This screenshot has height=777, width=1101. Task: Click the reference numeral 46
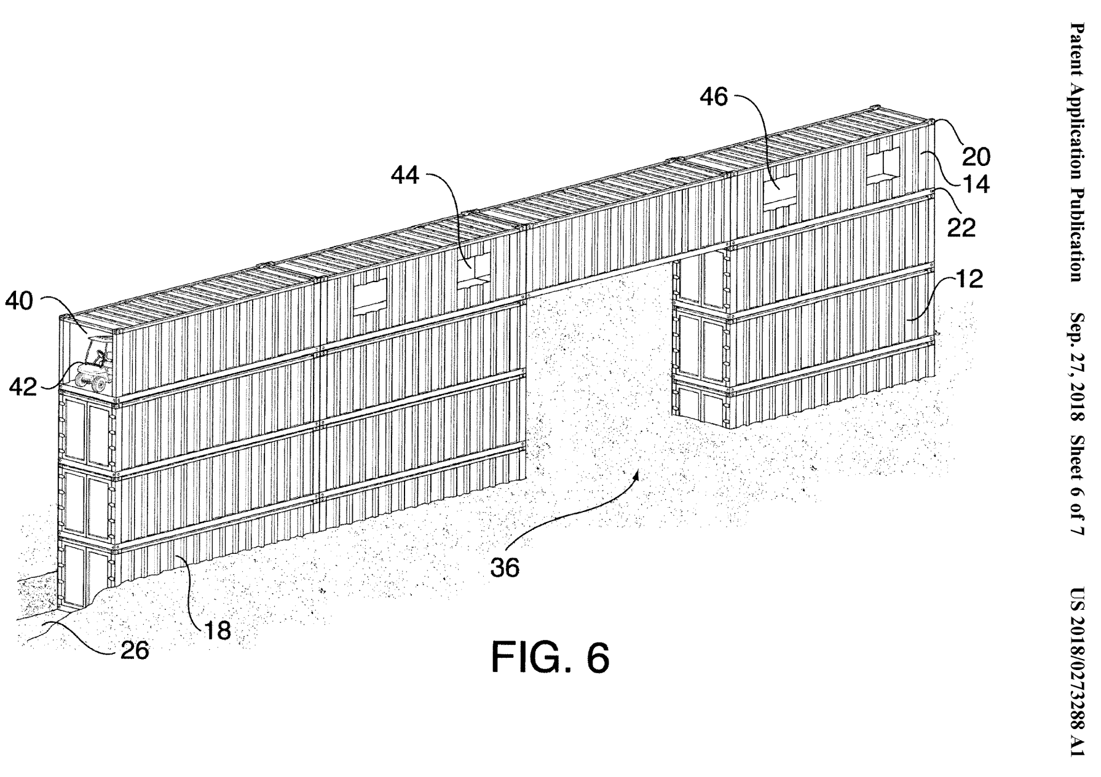[714, 97]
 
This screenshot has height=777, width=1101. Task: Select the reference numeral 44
[405, 176]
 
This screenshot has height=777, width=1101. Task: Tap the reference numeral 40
[19, 302]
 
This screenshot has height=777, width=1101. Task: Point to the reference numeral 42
[23, 387]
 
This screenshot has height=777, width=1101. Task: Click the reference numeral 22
[961, 227]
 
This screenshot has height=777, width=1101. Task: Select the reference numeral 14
[976, 184]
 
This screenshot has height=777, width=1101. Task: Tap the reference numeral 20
[976, 157]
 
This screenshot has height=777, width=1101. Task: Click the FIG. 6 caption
[550, 658]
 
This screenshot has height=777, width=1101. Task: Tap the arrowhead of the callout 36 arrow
[639, 473]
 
